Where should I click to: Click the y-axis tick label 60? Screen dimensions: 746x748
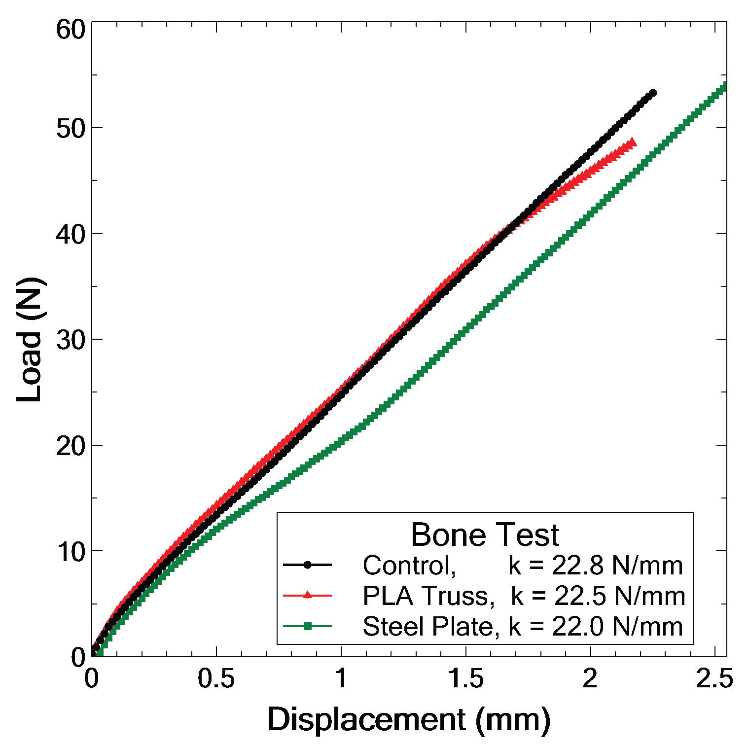pyautogui.click(x=71, y=30)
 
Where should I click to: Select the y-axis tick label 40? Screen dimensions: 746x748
pyautogui.click(x=71, y=234)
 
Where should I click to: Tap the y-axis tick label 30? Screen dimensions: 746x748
pyautogui.click(x=71, y=340)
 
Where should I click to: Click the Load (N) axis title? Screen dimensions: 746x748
pyautogui.click(x=31, y=340)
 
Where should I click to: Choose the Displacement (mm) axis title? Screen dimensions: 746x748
pyautogui.click(x=409, y=720)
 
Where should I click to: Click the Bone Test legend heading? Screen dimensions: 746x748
pyautogui.click(x=485, y=534)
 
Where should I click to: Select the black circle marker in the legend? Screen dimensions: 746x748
pyautogui.click(x=307, y=565)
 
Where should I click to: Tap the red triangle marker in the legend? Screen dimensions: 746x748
pyautogui.click(x=307, y=595)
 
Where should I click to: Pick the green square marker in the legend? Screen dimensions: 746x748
pyautogui.click(x=307, y=626)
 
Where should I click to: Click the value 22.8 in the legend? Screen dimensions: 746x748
pyautogui.click(x=578, y=566)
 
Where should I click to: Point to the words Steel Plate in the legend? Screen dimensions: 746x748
pyautogui.click(x=427, y=627)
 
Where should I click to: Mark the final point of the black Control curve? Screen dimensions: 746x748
pyautogui.click(x=653, y=93)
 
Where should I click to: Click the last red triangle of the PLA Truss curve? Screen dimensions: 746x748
pyautogui.click(x=632, y=142)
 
